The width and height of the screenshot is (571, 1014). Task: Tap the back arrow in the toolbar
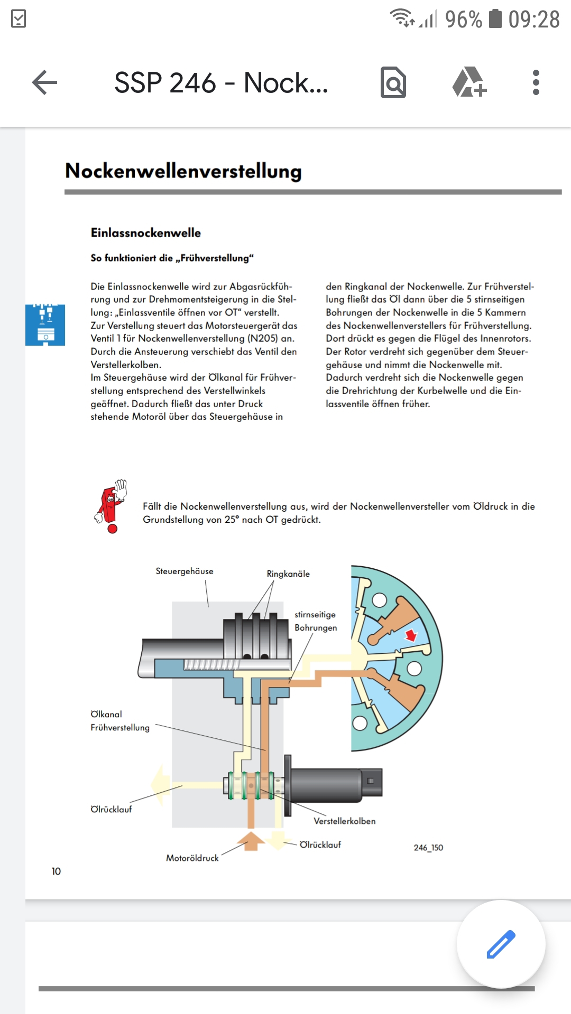[x=44, y=83]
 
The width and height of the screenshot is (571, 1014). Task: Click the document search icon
[x=393, y=83]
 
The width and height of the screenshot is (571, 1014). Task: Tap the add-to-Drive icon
[x=469, y=82]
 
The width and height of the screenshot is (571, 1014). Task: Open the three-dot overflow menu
[x=536, y=83]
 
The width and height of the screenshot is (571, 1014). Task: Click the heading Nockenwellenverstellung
[x=183, y=171]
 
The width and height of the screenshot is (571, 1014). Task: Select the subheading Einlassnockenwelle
[x=146, y=233]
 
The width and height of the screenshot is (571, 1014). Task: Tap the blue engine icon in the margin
[x=45, y=325]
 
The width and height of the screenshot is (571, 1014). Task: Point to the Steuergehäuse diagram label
[x=185, y=571]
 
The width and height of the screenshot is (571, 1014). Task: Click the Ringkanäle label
[x=288, y=574]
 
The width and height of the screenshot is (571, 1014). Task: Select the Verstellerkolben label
[x=344, y=821]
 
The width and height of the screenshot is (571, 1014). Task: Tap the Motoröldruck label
[x=192, y=858]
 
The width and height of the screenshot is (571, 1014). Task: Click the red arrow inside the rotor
[x=411, y=635]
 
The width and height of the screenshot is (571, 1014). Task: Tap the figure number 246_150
[x=428, y=848]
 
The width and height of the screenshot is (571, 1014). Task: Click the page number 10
[x=56, y=871]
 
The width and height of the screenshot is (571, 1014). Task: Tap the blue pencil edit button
[x=501, y=944]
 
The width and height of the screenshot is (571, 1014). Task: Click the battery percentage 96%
[x=463, y=20]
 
